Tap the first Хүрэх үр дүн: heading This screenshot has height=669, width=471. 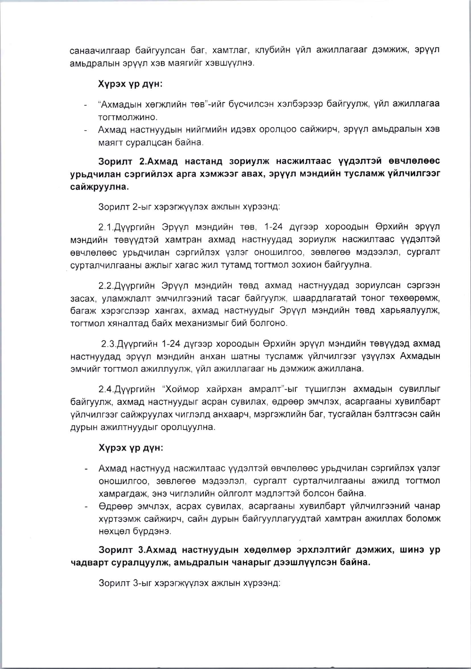point(131,84)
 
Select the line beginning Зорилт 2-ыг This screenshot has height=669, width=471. point(189,207)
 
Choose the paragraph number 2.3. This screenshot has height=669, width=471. point(108,344)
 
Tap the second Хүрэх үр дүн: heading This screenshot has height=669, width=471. point(131,448)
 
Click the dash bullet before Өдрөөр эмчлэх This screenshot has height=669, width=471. point(86,507)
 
